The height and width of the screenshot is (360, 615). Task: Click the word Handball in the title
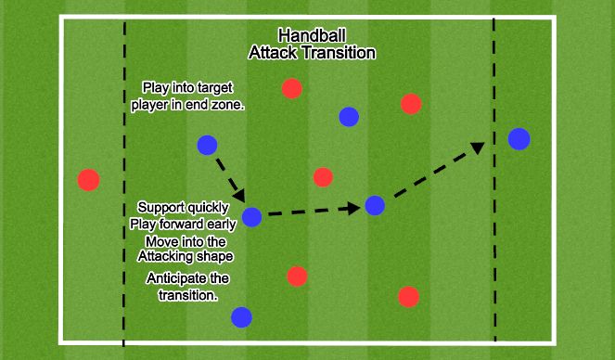pyautogui.click(x=311, y=36)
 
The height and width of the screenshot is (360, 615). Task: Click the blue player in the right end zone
pyautogui.click(x=519, y=139)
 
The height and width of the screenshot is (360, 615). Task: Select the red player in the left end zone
pyautogui.click(x=88, y=179)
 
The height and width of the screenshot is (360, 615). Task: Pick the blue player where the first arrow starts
pyautogui.click(x=207, y=145)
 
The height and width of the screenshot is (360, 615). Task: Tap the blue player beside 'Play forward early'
pyautogui.click(x=251, y=218)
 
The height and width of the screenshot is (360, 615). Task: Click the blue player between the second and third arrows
pyautogui.click(x=375, y=206)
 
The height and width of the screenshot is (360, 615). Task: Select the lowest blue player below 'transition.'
pyautogui.click(x=241, y=317)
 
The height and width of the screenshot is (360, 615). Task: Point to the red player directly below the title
pyautogui.click(x=291, y=88)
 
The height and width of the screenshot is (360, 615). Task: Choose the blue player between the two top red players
pyautogui.click(x=348, y=116)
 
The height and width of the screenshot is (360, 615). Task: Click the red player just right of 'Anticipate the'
pyautogui.click(x=296, y=276)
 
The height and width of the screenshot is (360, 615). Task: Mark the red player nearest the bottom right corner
pyautogui.click(x=407, y=296)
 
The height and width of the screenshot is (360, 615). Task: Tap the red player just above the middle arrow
pyautogui.click(x=323, y=176)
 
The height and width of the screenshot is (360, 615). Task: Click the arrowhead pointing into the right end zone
pyautogui.click(x=479, y=147)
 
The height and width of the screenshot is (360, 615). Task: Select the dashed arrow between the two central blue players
pyautogui.click(x=311, y=212)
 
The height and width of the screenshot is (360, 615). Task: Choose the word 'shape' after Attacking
pyautogui.click(x=213, y=255)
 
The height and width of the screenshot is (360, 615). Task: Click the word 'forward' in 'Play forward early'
pyautogui.click(x=184, y=224)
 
